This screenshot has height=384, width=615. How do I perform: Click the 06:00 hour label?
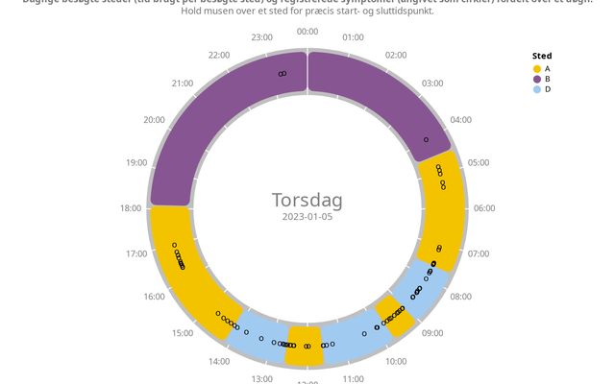pos(484,208)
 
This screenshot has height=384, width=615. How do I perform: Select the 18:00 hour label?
pos(130,208)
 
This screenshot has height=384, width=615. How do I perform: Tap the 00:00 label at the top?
pos(307,32)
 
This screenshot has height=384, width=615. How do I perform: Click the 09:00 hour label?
pos(432,333)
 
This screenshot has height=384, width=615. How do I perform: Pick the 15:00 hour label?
pos(182,333)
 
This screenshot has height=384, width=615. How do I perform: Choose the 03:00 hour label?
pos(432,84)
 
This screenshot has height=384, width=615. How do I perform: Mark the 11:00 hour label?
pos(354,379)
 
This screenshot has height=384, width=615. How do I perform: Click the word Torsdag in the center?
pos(307,201)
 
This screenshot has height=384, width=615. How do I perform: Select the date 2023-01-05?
pos(307,218)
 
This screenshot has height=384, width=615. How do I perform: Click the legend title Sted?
pos(542,56)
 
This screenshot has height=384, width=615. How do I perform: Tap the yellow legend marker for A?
pos(536,68)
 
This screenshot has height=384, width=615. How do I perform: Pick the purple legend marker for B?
pos(536,79)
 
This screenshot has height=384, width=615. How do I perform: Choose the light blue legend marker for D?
pos(536,89)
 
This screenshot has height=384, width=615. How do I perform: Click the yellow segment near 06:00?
pos(444,206)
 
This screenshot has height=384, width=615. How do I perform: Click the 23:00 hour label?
pos(261,37)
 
